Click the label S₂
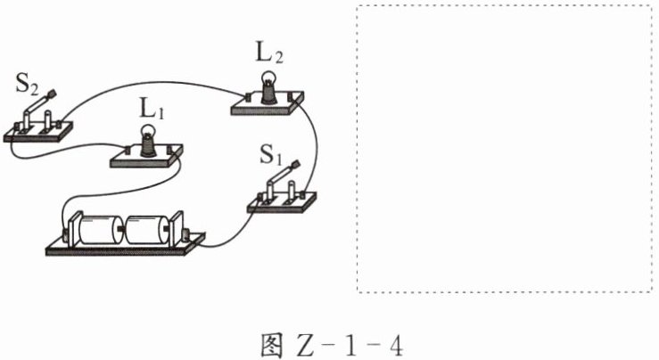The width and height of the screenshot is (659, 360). [x=26, y=86]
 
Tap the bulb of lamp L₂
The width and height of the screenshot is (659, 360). [x=267, y=85]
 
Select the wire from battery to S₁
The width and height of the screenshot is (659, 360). [x=228, y=232]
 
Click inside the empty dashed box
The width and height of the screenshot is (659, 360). [x=505, y=147]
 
